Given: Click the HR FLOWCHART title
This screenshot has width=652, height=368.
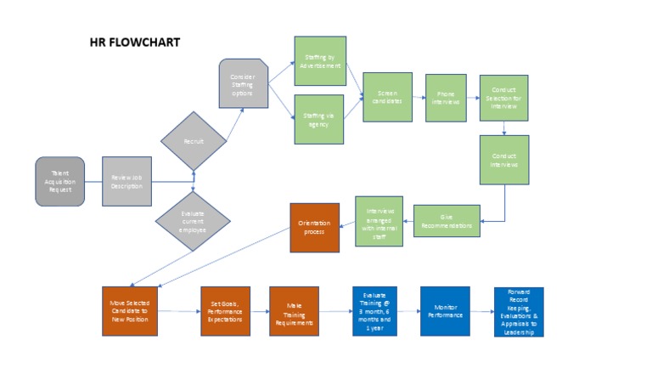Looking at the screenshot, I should click(x=134, y=42).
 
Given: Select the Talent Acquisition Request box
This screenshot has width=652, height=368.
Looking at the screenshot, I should click(x=60, y=181).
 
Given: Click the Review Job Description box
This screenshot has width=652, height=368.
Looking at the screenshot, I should click(x=126, y=181).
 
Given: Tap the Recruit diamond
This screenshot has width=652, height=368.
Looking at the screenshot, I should click(x=194, y=140).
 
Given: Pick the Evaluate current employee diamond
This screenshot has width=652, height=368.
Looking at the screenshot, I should click(x=194, y=221).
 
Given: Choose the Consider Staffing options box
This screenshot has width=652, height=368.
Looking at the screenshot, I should click(x=244, y=83).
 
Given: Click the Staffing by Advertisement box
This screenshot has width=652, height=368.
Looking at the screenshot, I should click(x=319, y=60).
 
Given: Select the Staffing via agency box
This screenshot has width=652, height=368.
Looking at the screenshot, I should click(x=319, y=120).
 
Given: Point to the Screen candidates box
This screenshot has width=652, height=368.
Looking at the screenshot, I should click(x=387, y=97).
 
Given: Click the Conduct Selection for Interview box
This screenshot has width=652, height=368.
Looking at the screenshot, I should click(x=504, y=97).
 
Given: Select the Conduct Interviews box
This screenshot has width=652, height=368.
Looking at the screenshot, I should click(x=504, y=160).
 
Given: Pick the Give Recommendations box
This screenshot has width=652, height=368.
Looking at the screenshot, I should click(x=447, y=221).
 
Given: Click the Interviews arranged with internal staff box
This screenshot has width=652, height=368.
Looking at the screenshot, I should click(x=379, y=221).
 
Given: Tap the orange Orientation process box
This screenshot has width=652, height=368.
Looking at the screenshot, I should click(x=314, y=227).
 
